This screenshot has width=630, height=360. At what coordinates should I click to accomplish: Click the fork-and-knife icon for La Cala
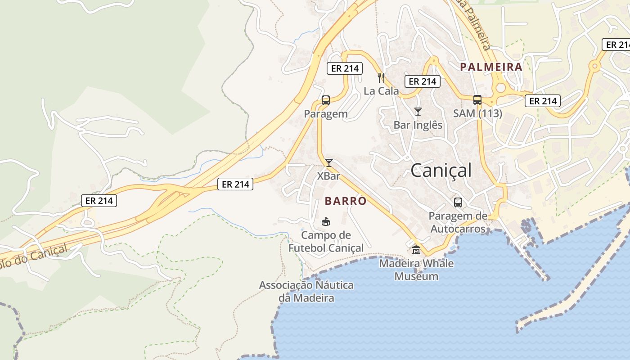coord(382,77)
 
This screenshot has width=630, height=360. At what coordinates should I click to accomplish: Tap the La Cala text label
coord(381,91)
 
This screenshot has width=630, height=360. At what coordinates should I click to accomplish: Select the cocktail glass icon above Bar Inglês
coord(418,111)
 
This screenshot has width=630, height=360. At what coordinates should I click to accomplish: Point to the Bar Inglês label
coord(418,125)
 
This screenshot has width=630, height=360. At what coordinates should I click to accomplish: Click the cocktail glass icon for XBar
coord(329,162)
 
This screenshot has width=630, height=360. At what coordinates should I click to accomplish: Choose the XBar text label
coord(329,176)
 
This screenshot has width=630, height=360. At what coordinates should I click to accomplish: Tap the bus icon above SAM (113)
coord(477,100)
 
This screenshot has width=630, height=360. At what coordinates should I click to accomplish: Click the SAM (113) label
coord(477,113)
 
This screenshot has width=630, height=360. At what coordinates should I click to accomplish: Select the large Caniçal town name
coord(441,171)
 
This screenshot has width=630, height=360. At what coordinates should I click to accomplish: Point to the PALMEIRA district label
coord(491,67)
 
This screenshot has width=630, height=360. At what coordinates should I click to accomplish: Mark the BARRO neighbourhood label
coord(346,201)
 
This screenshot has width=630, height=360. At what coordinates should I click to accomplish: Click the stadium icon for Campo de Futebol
coord(325,221)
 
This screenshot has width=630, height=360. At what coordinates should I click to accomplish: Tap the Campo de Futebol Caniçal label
coord(326,241)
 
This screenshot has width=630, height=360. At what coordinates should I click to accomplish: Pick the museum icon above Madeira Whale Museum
coord(416,250)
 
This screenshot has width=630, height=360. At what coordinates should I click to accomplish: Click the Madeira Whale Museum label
coord(416,270)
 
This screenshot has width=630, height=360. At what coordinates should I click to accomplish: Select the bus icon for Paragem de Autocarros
coord(458,202)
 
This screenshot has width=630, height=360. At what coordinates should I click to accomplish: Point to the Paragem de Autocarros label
coord(458,222)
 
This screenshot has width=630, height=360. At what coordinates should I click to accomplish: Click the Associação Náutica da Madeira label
coord(306,291)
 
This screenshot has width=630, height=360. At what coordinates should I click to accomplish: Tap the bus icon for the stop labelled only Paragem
coord(326,100)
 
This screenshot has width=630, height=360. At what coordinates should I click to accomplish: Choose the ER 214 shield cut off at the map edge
coord(616,45)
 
